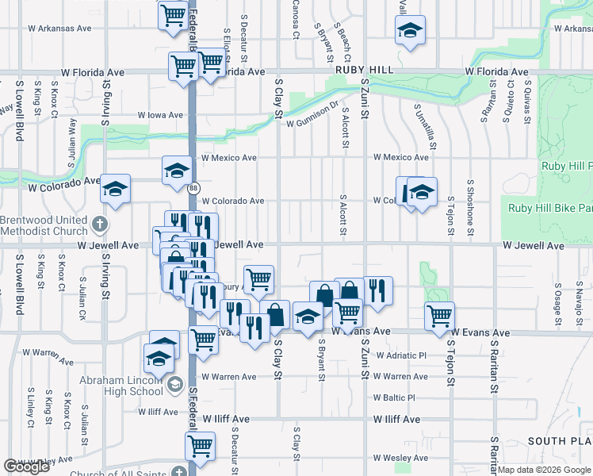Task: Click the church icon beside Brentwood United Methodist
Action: (x=100, y=225)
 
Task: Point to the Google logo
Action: (x=26, y=467)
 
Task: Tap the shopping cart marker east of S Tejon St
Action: (x=438, y=315)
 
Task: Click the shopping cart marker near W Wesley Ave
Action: (x=200, y=445)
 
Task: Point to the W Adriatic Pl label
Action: (x=401, y=355)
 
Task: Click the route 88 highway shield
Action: (x=193, y=187)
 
